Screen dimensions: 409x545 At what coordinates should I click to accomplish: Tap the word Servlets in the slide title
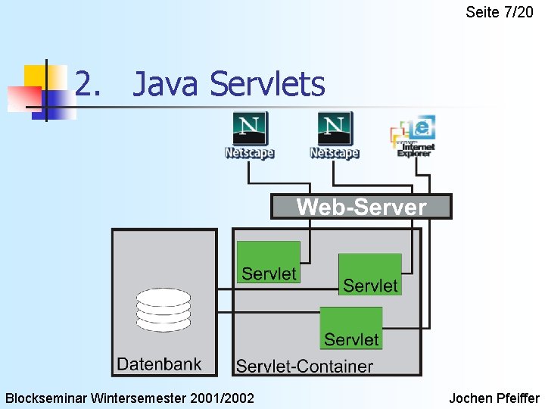click(x=267, y=84)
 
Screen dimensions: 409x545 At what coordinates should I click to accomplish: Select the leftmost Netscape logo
click(x=249, y=136)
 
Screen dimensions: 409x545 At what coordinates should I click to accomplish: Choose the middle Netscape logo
click(x=334, y=136)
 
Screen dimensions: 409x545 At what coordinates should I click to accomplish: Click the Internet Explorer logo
click(x=413, y=136)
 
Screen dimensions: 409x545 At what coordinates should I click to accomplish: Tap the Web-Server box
click(x=361, y=207)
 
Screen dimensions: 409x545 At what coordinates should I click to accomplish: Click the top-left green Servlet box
click(x=269, y=262)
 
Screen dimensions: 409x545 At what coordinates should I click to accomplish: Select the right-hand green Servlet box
click(x=370, y=274)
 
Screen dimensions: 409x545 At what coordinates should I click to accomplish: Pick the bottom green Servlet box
click(x=351, y=328)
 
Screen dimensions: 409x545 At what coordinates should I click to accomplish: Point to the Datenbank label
click(x=159, y=364)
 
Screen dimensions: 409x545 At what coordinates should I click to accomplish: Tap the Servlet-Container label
click(x=304, y=367)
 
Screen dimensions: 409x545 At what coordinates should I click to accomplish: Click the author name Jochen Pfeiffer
click(x=494, y=398)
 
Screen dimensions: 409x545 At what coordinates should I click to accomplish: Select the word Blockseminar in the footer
click(x=47, y=398)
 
